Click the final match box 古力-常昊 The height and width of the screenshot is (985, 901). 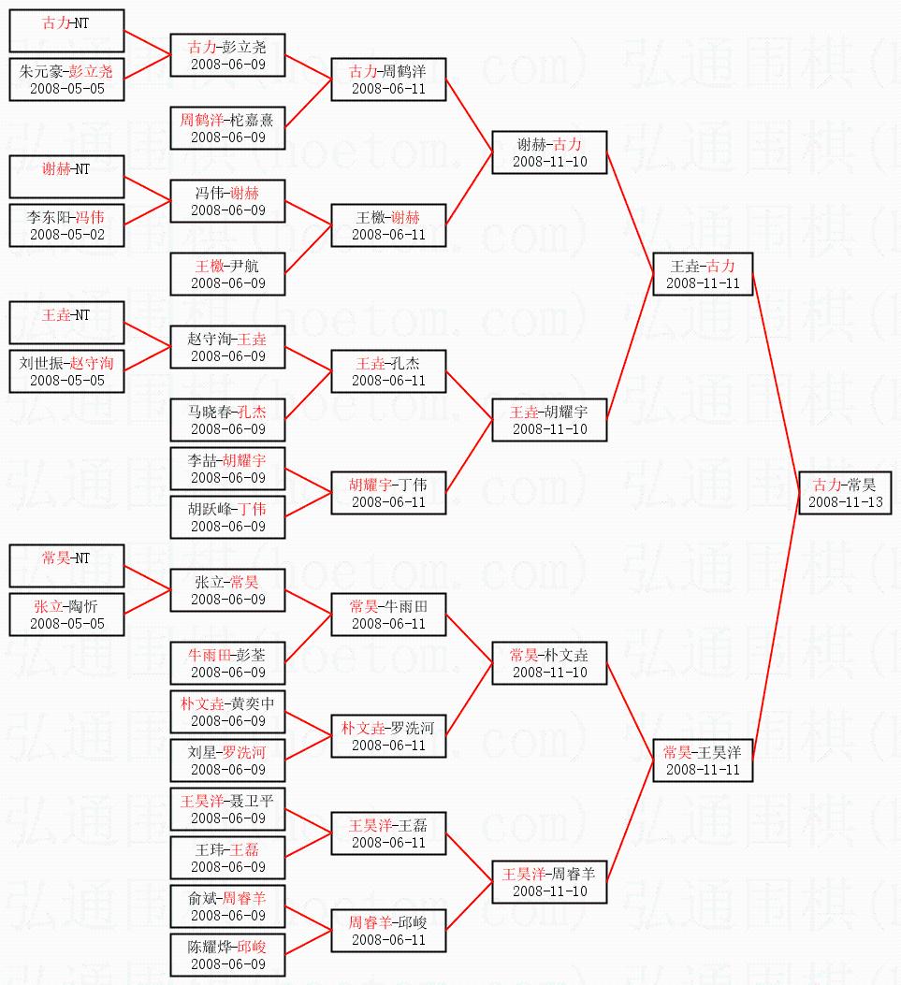point(844,493)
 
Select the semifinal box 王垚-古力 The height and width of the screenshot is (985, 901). point(703,274)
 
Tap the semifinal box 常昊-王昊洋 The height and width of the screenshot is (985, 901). point(703,760)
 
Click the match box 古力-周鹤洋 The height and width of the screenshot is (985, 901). point(388,80)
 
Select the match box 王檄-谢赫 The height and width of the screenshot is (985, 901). point(388,225)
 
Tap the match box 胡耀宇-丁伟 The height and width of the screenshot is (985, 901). point(388,493)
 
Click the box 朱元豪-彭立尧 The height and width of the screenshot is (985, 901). point(66,80)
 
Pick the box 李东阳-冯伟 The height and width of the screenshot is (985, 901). point(66,225)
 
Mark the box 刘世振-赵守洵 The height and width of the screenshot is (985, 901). point(66,371)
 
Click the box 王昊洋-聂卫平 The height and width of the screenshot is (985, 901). point(227,809)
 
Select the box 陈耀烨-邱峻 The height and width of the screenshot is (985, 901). point(227,955)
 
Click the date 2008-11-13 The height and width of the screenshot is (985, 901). point(844,502)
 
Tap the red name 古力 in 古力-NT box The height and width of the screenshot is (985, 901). point(55,22)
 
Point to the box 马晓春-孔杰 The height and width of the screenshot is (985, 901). point(227,420)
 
